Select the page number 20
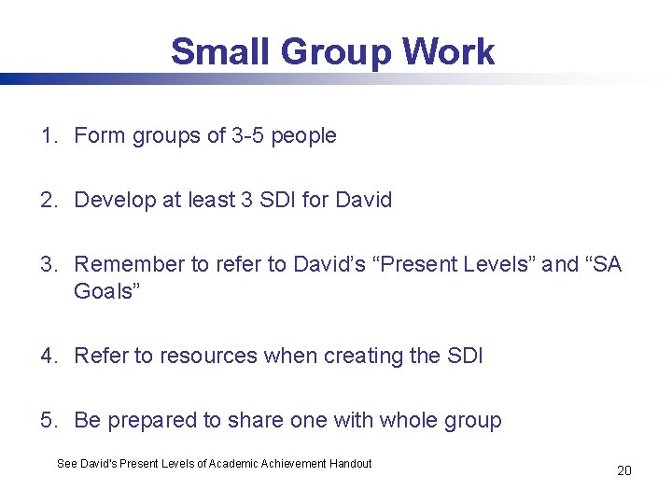624,470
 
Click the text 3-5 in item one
248,136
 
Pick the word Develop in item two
113,201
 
